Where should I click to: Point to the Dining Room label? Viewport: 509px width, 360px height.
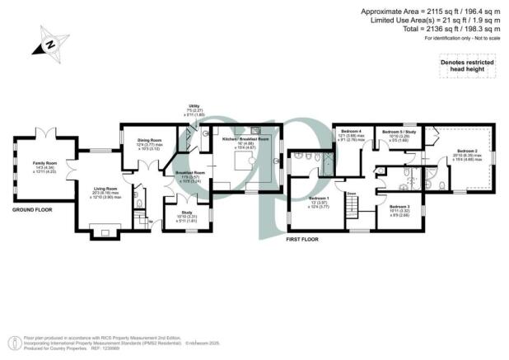[149, 141]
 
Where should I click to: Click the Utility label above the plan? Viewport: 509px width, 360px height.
[194, 106]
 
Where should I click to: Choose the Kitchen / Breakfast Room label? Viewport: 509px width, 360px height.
[246, 140]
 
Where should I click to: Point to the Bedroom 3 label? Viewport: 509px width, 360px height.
[399, 206]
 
